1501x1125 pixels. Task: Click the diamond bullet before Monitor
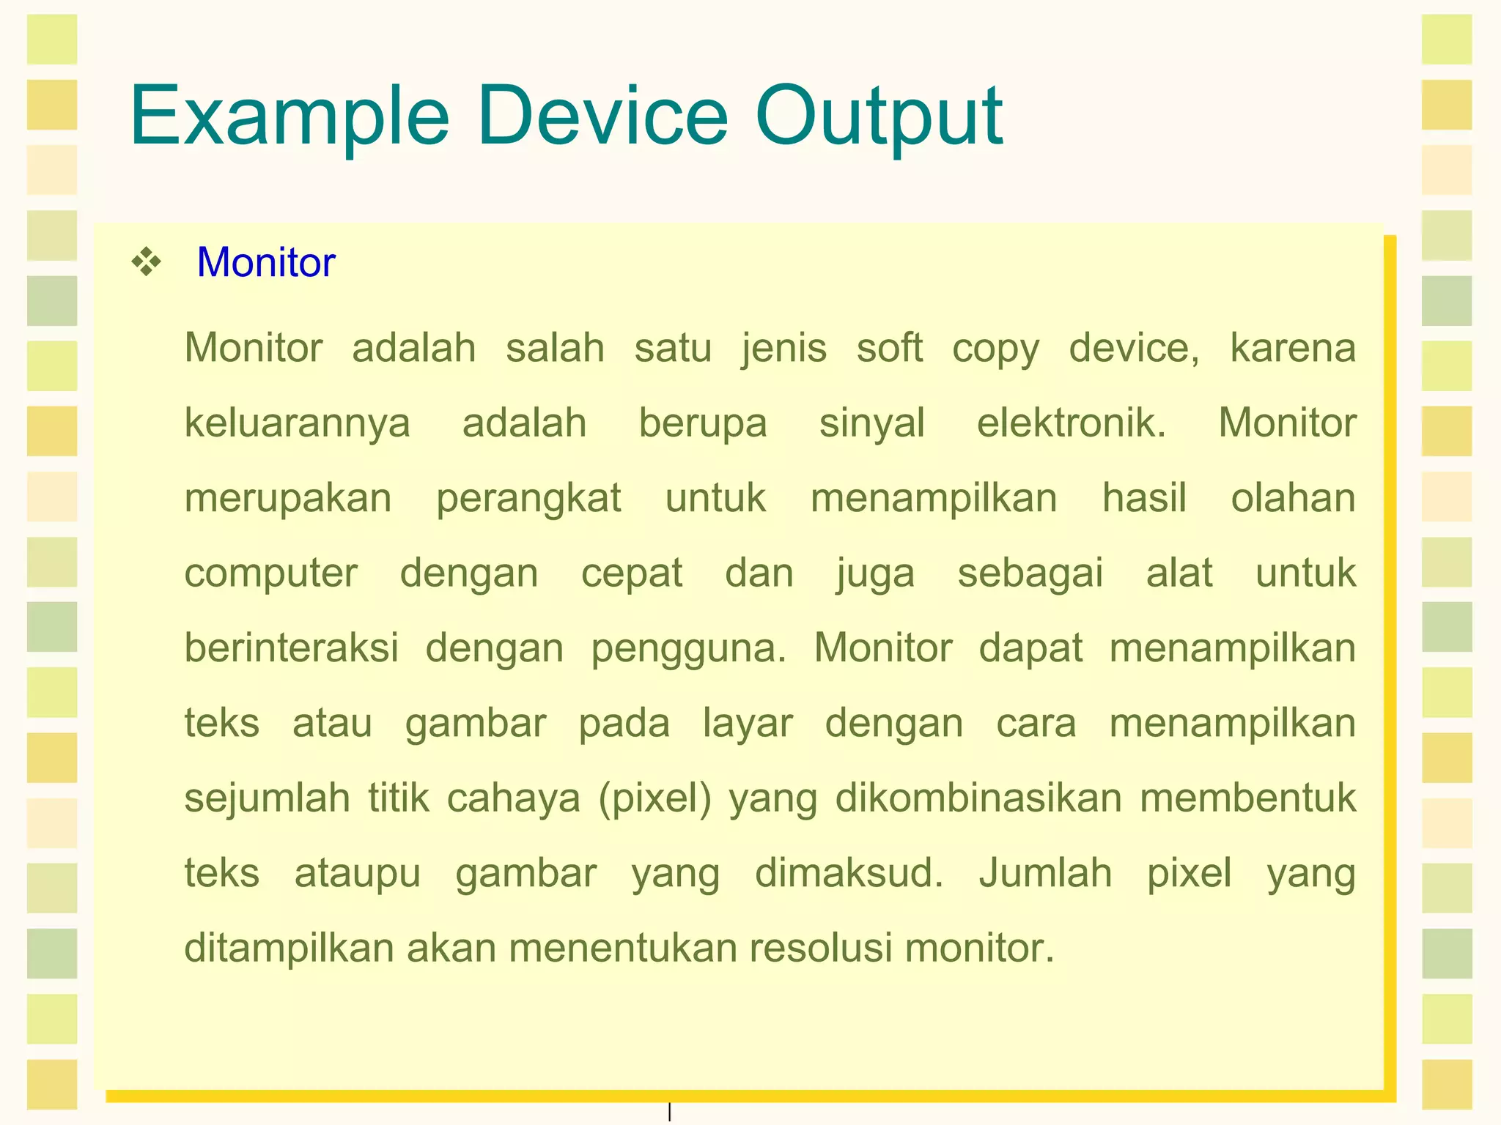(147, 262)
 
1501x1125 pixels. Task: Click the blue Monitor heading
(266, 262)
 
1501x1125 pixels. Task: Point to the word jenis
(783, 348)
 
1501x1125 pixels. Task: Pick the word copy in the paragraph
(995, 349)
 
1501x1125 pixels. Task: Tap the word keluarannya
(297, 424)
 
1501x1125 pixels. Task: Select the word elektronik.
(1071, 423)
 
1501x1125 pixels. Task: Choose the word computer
(270, 574)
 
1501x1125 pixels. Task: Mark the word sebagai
(1030, 574)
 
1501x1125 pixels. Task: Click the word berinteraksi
(291, 648)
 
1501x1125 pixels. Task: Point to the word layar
(748, 724)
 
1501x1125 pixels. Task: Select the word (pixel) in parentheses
(654, 799)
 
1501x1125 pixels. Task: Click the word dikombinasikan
(978, 798)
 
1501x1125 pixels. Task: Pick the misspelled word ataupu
(357, 874)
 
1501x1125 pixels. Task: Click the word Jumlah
(1045, 873)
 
